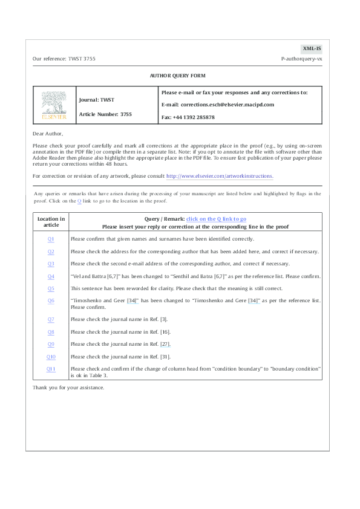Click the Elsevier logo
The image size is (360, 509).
tap(54, 106)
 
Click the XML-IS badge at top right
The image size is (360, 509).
tap(311, 48)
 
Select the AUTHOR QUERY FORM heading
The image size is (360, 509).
tap(178, 76)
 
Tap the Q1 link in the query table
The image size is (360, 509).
tap(51, 239)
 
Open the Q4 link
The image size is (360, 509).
tap(51, 276)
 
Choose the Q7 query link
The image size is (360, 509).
tap(51, 319)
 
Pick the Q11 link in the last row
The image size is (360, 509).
tap(51, 368)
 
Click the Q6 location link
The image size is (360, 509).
tap(51, 300)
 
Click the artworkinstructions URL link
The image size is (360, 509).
tap(219, 176)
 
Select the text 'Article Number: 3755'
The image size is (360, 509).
tap(105, 114)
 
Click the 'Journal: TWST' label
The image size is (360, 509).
tap(97, 99)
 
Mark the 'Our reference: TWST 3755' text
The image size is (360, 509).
tap(64, 59)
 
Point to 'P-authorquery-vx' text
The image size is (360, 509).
tap(301, 59)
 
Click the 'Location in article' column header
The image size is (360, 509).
tap(51, 222)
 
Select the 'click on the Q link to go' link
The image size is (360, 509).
tap(216, 218)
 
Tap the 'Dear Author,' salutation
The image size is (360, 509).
tap(48, 133)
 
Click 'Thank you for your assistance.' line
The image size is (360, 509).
tap(68, 387)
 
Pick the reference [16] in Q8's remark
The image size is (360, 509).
tap(165, 331)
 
